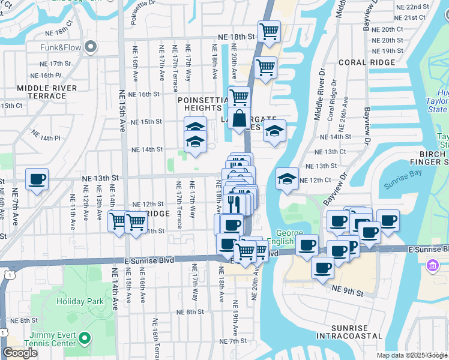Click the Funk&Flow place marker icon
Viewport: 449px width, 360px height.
click(91, 47)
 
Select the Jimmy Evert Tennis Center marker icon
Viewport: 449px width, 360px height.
click(85, 338)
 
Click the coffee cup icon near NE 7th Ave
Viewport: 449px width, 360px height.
click(37, 179)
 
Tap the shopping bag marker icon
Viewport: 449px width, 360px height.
click(239, 118)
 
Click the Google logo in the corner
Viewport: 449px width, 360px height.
click(20, 353)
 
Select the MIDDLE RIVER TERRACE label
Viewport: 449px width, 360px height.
click(47, 92)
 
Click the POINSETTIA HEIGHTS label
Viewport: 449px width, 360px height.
click(200, 104)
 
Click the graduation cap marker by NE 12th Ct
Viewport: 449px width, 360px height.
click(287, 178)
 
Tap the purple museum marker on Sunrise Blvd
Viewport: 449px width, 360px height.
click(432, 265)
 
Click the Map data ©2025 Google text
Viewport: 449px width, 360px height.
click(412, 355)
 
